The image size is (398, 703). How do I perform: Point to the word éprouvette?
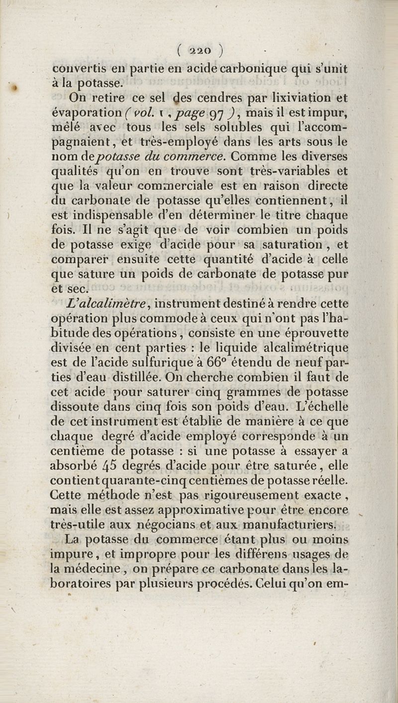click(x=316, y=332)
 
